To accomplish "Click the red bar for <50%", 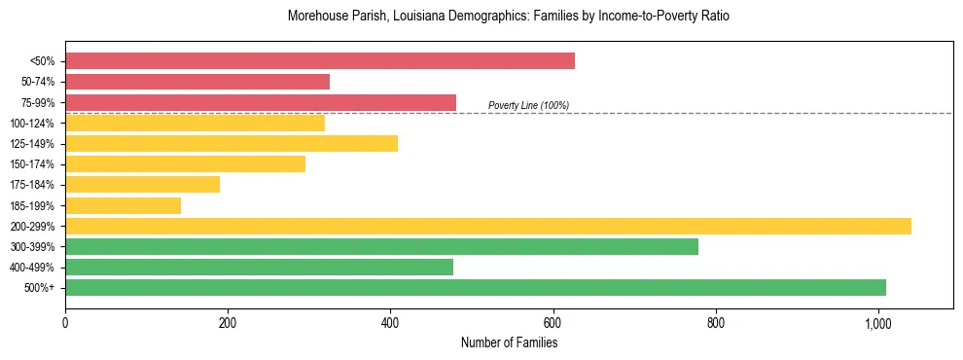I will pyautogui.click(x=320, y=61).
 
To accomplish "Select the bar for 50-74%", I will pyautogui.click(x=197, y=82).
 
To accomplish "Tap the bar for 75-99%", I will pyautogui.click(x=261, y=102).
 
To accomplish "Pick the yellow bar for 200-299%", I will pyautogui.click(x=488, y=226).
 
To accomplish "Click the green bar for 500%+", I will pyautogui.click(x=476, y=287).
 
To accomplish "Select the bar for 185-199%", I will pyautogui.click(x=124, y=205).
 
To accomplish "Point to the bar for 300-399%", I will pyautogui.click(x=381, y=246).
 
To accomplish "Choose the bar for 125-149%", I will pyautogui.click(x=232, y=144).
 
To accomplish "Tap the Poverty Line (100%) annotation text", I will pyautogui.click(x=528, y=105).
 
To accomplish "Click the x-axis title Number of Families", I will pyautogui.click(x=509, y=343).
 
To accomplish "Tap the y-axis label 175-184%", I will pyautogui.click(x=32, y=185).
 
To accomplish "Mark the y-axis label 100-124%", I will pyautogui.click(x=32, y=124).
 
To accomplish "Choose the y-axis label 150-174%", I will pyautogui.click(x=32, y=164).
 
